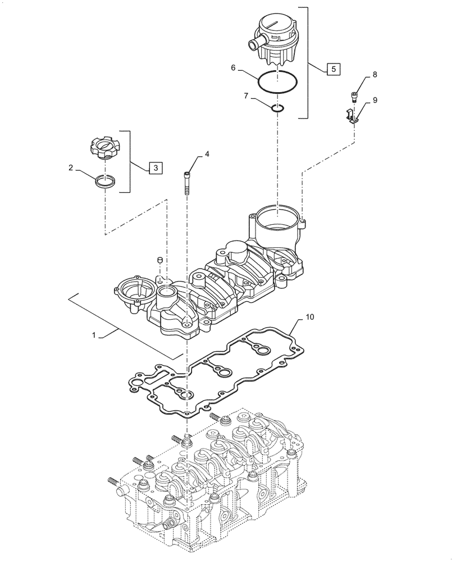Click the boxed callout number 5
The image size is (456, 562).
point(332,69)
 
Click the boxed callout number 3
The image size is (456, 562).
point(156,167)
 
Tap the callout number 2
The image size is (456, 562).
point(71,167)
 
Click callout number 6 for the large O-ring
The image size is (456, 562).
point(233,67)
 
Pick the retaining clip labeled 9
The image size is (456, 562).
point(351,117)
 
